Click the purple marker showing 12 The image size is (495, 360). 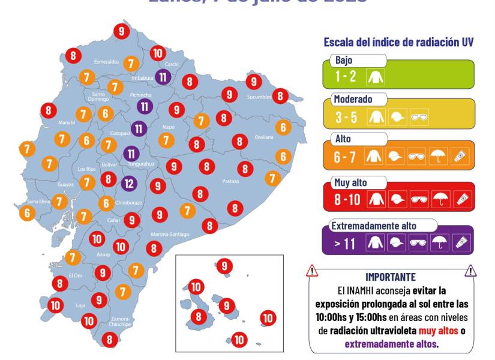click(129, 183)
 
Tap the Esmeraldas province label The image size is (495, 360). click(106, 62)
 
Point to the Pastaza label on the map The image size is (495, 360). click(230, 181)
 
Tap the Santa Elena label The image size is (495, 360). click(38, 202)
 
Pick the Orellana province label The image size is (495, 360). click(263, 137)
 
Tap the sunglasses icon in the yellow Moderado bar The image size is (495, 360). click(419, 118)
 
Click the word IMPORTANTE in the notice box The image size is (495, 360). click(390, 277)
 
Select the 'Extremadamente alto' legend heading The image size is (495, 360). click(373, 226)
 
